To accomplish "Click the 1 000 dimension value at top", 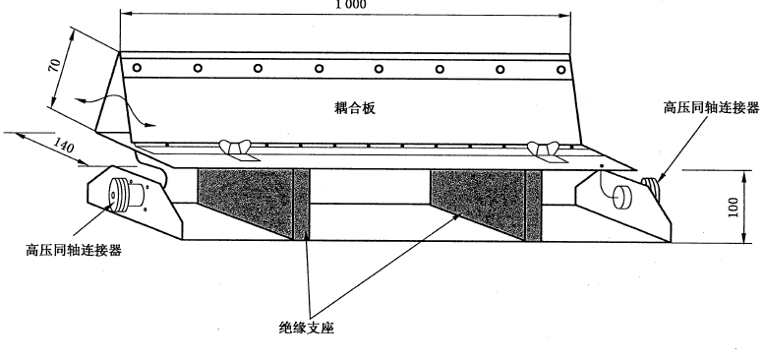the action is click(x=342, y=4).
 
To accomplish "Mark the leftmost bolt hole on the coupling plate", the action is click(x=137, y=68).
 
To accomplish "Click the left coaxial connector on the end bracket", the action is click(x=120, y=194).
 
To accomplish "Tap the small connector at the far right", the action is click(x=652, y=184).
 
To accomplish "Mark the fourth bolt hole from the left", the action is click(x=318, y=68).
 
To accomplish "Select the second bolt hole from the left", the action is click(x=198, y=68).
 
